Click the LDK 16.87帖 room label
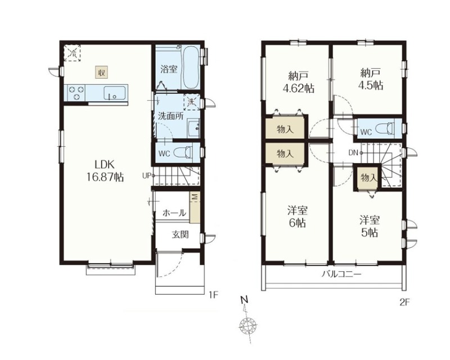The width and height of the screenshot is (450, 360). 105,171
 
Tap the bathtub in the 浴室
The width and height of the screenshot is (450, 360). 191,67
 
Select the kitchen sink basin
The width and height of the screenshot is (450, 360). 115,93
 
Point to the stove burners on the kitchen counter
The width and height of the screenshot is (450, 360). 76,93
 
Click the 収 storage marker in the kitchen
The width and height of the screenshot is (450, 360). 102,73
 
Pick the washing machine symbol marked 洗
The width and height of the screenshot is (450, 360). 191,102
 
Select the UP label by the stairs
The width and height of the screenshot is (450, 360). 147,175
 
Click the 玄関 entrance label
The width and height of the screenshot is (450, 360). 180,235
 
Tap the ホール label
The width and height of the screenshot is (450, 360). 174,213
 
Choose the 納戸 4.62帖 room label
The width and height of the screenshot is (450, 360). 299,82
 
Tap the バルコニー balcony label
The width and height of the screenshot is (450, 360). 341,274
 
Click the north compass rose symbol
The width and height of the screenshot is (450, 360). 248,326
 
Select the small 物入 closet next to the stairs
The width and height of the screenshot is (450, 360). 368,178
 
